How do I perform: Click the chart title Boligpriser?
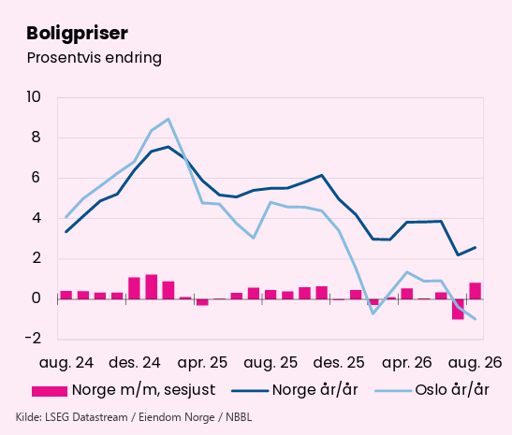(77, 34)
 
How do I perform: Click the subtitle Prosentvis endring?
(94, 58)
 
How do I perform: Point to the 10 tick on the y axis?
(34, 97)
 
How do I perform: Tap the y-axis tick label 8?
(37, 138)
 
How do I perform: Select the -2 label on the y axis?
(34, 339)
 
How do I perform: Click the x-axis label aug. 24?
(66, 363)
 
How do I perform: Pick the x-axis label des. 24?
(135, 363)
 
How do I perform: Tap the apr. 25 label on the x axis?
(202, 363)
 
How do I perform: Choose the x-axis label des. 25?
(339, 363)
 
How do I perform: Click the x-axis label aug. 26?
(475, 363)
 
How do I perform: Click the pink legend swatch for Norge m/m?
(50, 391)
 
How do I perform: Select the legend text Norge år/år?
(315, 390)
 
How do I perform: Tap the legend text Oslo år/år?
(452, 390)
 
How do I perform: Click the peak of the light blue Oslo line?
(168, 119)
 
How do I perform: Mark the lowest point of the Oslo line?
(475, 319)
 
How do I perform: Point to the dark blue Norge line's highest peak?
(168, 147)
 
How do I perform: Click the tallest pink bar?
(152, 287)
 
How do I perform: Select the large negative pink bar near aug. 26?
(458, 309)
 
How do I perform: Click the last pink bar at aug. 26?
(475, 291)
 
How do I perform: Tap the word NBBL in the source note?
(239, 417)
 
